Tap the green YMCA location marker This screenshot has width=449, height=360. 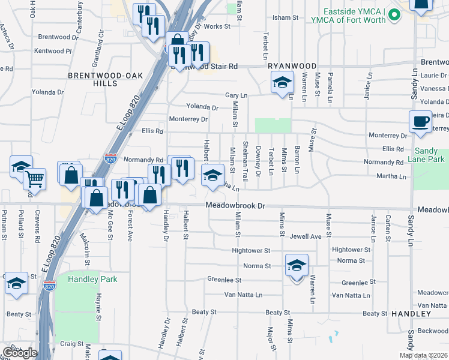pyautogui.click(x=394, y=14)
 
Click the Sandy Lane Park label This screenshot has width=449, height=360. pyautogui.click(x=429, y=155)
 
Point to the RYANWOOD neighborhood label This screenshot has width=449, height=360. pyautogui.click(x=292, y=65)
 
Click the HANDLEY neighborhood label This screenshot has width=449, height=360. pyautogui.click(x=411, y=314)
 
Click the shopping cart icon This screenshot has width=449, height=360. pyautogui.click(x=35, y=178)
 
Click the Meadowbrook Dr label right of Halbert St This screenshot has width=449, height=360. pyautogui.click(x=235, y=205)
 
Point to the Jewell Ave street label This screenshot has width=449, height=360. pyautogui.click(x=306, y=236)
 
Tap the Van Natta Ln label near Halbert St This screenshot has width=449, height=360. pyautogui.click(x=243, y=295)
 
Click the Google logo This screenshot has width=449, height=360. pyautogui.click(x=19, y=353)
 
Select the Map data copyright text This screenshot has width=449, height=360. pyautogui.click(x=423, y=355)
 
